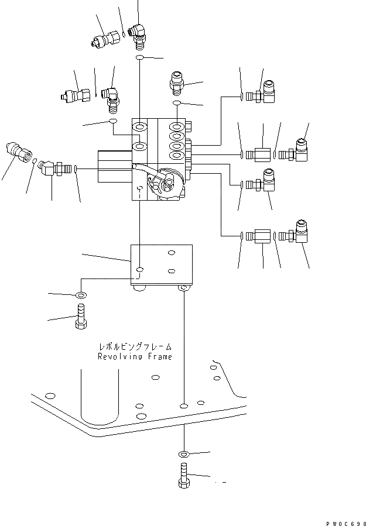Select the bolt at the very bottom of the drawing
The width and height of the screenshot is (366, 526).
(x=183, y=475)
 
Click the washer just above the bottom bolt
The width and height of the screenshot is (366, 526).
(x=184, y=453)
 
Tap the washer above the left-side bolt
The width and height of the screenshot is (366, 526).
(x=80, y=294)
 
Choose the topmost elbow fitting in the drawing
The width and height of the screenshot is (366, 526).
(x=139, y=33)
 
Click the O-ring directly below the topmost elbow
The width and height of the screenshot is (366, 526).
(x=140, y=58)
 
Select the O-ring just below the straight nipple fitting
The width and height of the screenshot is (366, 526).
(x=176, y=104)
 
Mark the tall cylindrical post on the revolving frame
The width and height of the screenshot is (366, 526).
(x=100, y=392)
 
